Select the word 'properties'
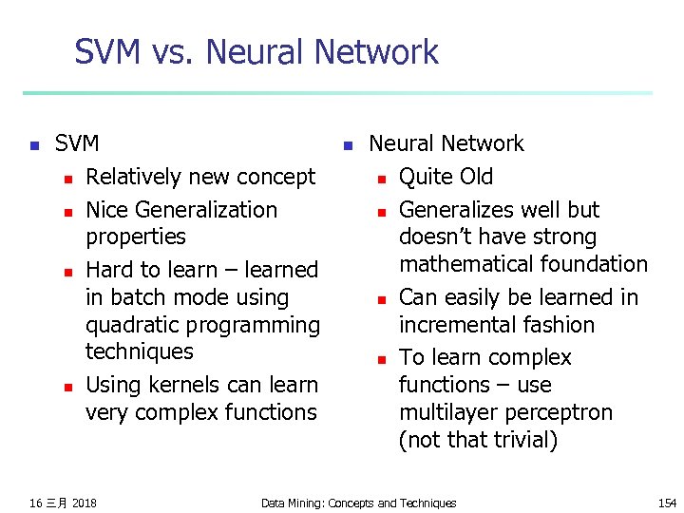click(x=136, y=237)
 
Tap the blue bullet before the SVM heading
click(x=33, y=145)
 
